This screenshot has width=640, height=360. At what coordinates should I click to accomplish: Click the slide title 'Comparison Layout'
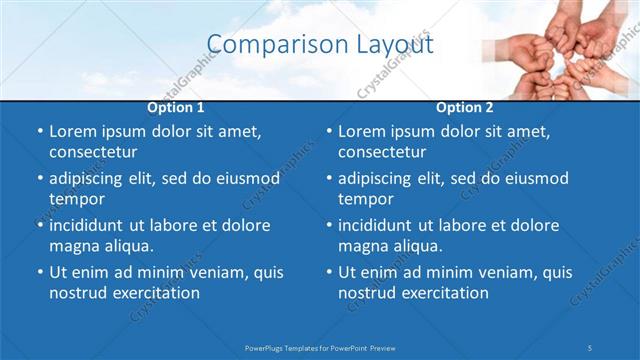click(320, 45)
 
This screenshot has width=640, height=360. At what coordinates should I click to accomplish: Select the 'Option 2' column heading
click(464, 107)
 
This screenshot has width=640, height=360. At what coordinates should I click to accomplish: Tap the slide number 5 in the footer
click(590, 347)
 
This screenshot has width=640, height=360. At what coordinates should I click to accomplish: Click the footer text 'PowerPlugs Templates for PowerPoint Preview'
click(320, 347)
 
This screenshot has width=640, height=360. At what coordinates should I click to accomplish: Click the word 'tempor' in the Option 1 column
click(76, 199)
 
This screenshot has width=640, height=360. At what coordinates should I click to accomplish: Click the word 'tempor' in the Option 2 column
click(365, 199)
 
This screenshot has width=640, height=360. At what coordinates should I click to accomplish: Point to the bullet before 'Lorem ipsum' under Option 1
click(39, 132)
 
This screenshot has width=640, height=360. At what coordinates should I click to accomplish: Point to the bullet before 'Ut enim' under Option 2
click(328, 272)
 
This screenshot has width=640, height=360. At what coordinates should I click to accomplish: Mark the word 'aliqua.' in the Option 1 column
click(125, 246)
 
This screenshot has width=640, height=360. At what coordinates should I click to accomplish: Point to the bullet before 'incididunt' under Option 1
click(39, 225)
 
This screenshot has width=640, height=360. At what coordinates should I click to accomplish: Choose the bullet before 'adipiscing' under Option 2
click(328, 178)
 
